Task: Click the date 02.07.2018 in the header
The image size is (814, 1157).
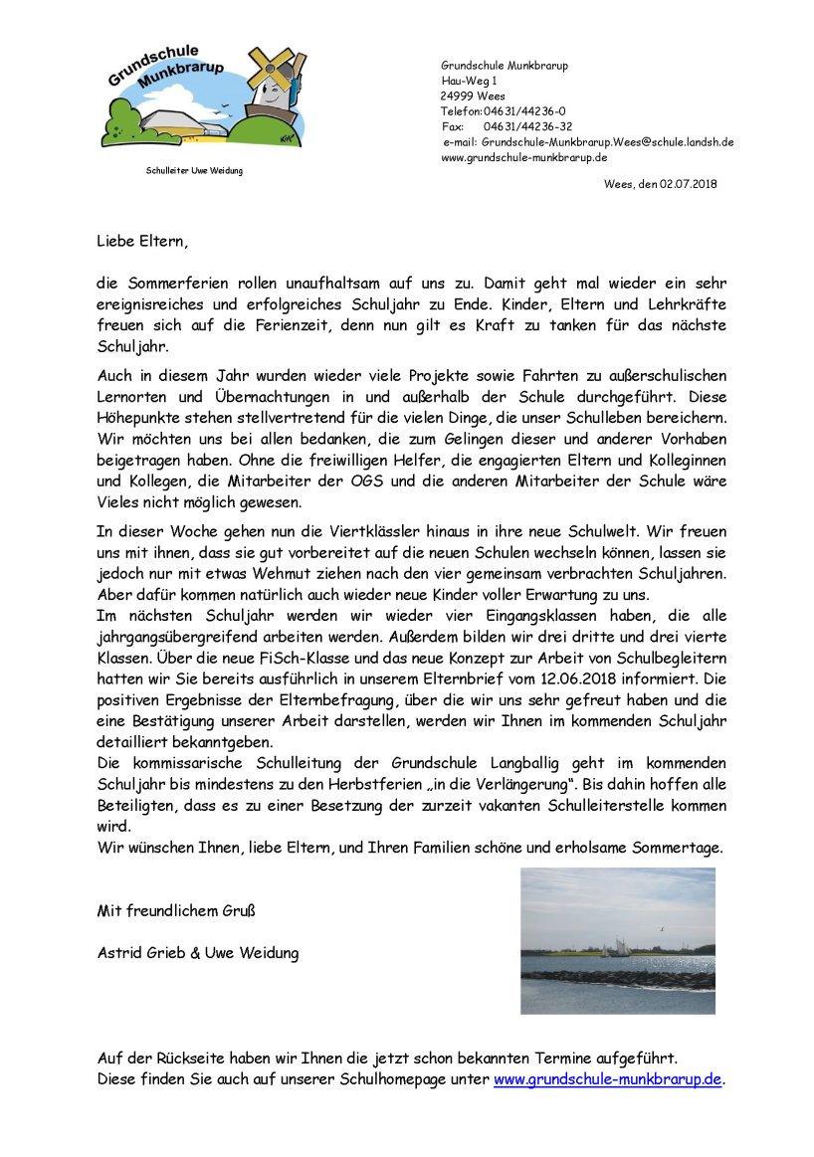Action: pyautogui.click(x=688, y=184)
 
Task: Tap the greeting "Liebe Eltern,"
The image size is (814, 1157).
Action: pyautogui.click(x=141, y=241)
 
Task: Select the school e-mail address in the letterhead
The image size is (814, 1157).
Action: pyautogui.click(x=608, y=142)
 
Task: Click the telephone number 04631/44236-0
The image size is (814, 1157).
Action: pyautogui.click(x=524, y=111)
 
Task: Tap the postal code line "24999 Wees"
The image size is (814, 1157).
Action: pyautogui.click(x=473, y=96)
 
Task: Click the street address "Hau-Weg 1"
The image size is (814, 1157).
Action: pyautogui.click(x=470, y=81)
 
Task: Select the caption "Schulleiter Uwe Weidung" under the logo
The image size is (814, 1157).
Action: pyautogui.click(x=194, y=171)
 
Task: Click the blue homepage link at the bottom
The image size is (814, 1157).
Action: pyautogui.click(x=607, y=1078)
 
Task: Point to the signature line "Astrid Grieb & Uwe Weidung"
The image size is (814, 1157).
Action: pyautogui.click(x=197, y=952)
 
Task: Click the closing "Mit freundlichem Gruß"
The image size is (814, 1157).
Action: pyautogui.click(x=176, y=909)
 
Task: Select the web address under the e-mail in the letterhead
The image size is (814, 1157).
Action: pyautogui.click(x=524, y=157)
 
